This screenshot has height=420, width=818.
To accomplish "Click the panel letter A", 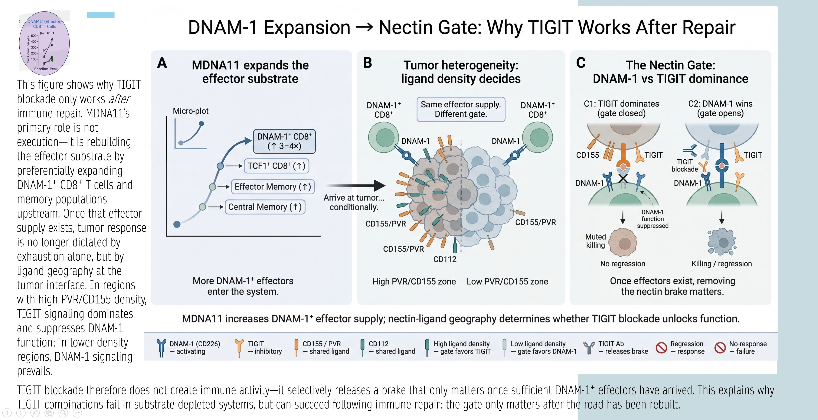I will click(162, 63).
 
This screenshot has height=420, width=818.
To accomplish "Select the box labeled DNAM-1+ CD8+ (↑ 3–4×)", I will click(284, 141).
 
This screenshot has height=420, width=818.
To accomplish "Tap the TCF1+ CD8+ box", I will click(276, 166).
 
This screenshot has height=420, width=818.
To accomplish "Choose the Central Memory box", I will click(265, 207).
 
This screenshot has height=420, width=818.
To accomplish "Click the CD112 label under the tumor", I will click(445, 259).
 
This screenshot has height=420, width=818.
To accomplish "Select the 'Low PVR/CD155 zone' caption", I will click(507, 281).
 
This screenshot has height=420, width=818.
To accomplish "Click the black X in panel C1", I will click(623, 179).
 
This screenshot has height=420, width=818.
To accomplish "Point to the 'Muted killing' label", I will click(595, 241).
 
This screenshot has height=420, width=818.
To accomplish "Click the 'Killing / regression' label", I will click(722, 264).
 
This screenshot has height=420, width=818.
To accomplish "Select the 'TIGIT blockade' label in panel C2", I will click(685, 165).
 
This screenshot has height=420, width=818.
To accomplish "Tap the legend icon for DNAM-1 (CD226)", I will click(161, 348).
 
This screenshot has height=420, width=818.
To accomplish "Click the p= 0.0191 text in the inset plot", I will click(47, 33).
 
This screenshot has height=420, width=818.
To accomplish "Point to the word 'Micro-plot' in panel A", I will click(190, 111).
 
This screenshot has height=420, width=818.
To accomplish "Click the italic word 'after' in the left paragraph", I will click(119, 99).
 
